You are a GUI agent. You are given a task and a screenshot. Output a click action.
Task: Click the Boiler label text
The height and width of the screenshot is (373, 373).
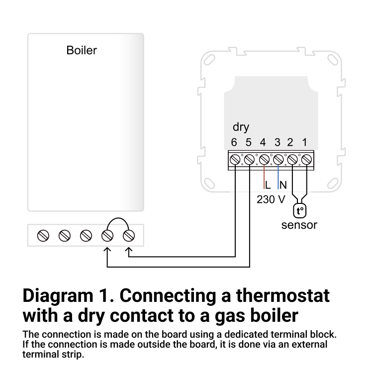click(82, 50)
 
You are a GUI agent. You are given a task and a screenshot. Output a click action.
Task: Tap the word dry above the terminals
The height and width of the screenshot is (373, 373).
click(241, 127)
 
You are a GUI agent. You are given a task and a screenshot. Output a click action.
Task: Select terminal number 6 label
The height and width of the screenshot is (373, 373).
click(234, 143)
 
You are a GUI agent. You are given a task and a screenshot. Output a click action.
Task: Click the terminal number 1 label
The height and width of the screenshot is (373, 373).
click(305, 143)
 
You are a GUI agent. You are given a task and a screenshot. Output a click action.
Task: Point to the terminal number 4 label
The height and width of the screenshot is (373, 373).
click(263, 143)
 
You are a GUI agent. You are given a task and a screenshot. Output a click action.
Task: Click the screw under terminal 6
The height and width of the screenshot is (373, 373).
click(235, 160)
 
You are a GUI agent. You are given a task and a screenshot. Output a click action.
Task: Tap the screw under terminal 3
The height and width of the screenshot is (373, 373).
click(278, 160)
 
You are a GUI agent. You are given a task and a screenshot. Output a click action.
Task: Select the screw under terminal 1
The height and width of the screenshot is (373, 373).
click(307, 160)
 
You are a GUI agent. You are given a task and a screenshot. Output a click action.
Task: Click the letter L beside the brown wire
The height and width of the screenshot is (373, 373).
click(268, 186)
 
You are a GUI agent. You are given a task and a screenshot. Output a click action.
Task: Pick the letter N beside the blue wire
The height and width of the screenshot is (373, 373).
click(283, 186)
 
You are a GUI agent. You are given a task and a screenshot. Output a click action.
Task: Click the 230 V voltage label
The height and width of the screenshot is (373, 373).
click(271, 199)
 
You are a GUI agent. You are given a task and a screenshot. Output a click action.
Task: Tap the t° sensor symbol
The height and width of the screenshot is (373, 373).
click(300, 211)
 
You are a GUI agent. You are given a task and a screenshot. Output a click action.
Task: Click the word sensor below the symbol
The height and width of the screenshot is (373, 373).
click(299, 225)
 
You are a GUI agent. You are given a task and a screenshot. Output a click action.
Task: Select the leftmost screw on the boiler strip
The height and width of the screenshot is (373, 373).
click(43, 235)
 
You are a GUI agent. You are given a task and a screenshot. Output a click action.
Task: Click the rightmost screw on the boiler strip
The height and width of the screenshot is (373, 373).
click(129, 235)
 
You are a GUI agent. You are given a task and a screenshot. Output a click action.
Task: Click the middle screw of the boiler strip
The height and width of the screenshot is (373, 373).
click(86, 235)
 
